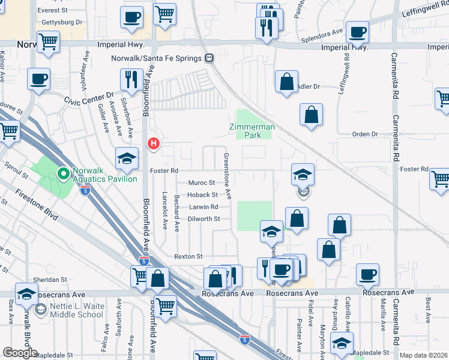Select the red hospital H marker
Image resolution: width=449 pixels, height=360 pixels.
tap(154, 143)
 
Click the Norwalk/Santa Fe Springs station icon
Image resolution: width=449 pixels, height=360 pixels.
tap(209, 58)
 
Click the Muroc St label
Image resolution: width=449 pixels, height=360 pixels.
tap(201, 182)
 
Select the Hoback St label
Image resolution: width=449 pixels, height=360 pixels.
tap(202, 194)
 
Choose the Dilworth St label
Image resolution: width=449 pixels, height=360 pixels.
tap(200, 219)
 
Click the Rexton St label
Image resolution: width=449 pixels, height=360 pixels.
tap(188, 256)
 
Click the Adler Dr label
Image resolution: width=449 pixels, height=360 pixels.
tap(309, 86)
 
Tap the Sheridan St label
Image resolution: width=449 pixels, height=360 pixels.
tap(50, 280)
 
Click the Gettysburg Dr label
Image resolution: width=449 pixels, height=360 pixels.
tap(62, 22)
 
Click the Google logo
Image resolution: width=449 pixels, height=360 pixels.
tap(20, 353)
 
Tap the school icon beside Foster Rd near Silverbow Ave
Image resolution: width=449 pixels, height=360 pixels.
tap(126, 158)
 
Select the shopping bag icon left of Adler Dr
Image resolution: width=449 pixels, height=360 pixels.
tap(287, 82)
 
